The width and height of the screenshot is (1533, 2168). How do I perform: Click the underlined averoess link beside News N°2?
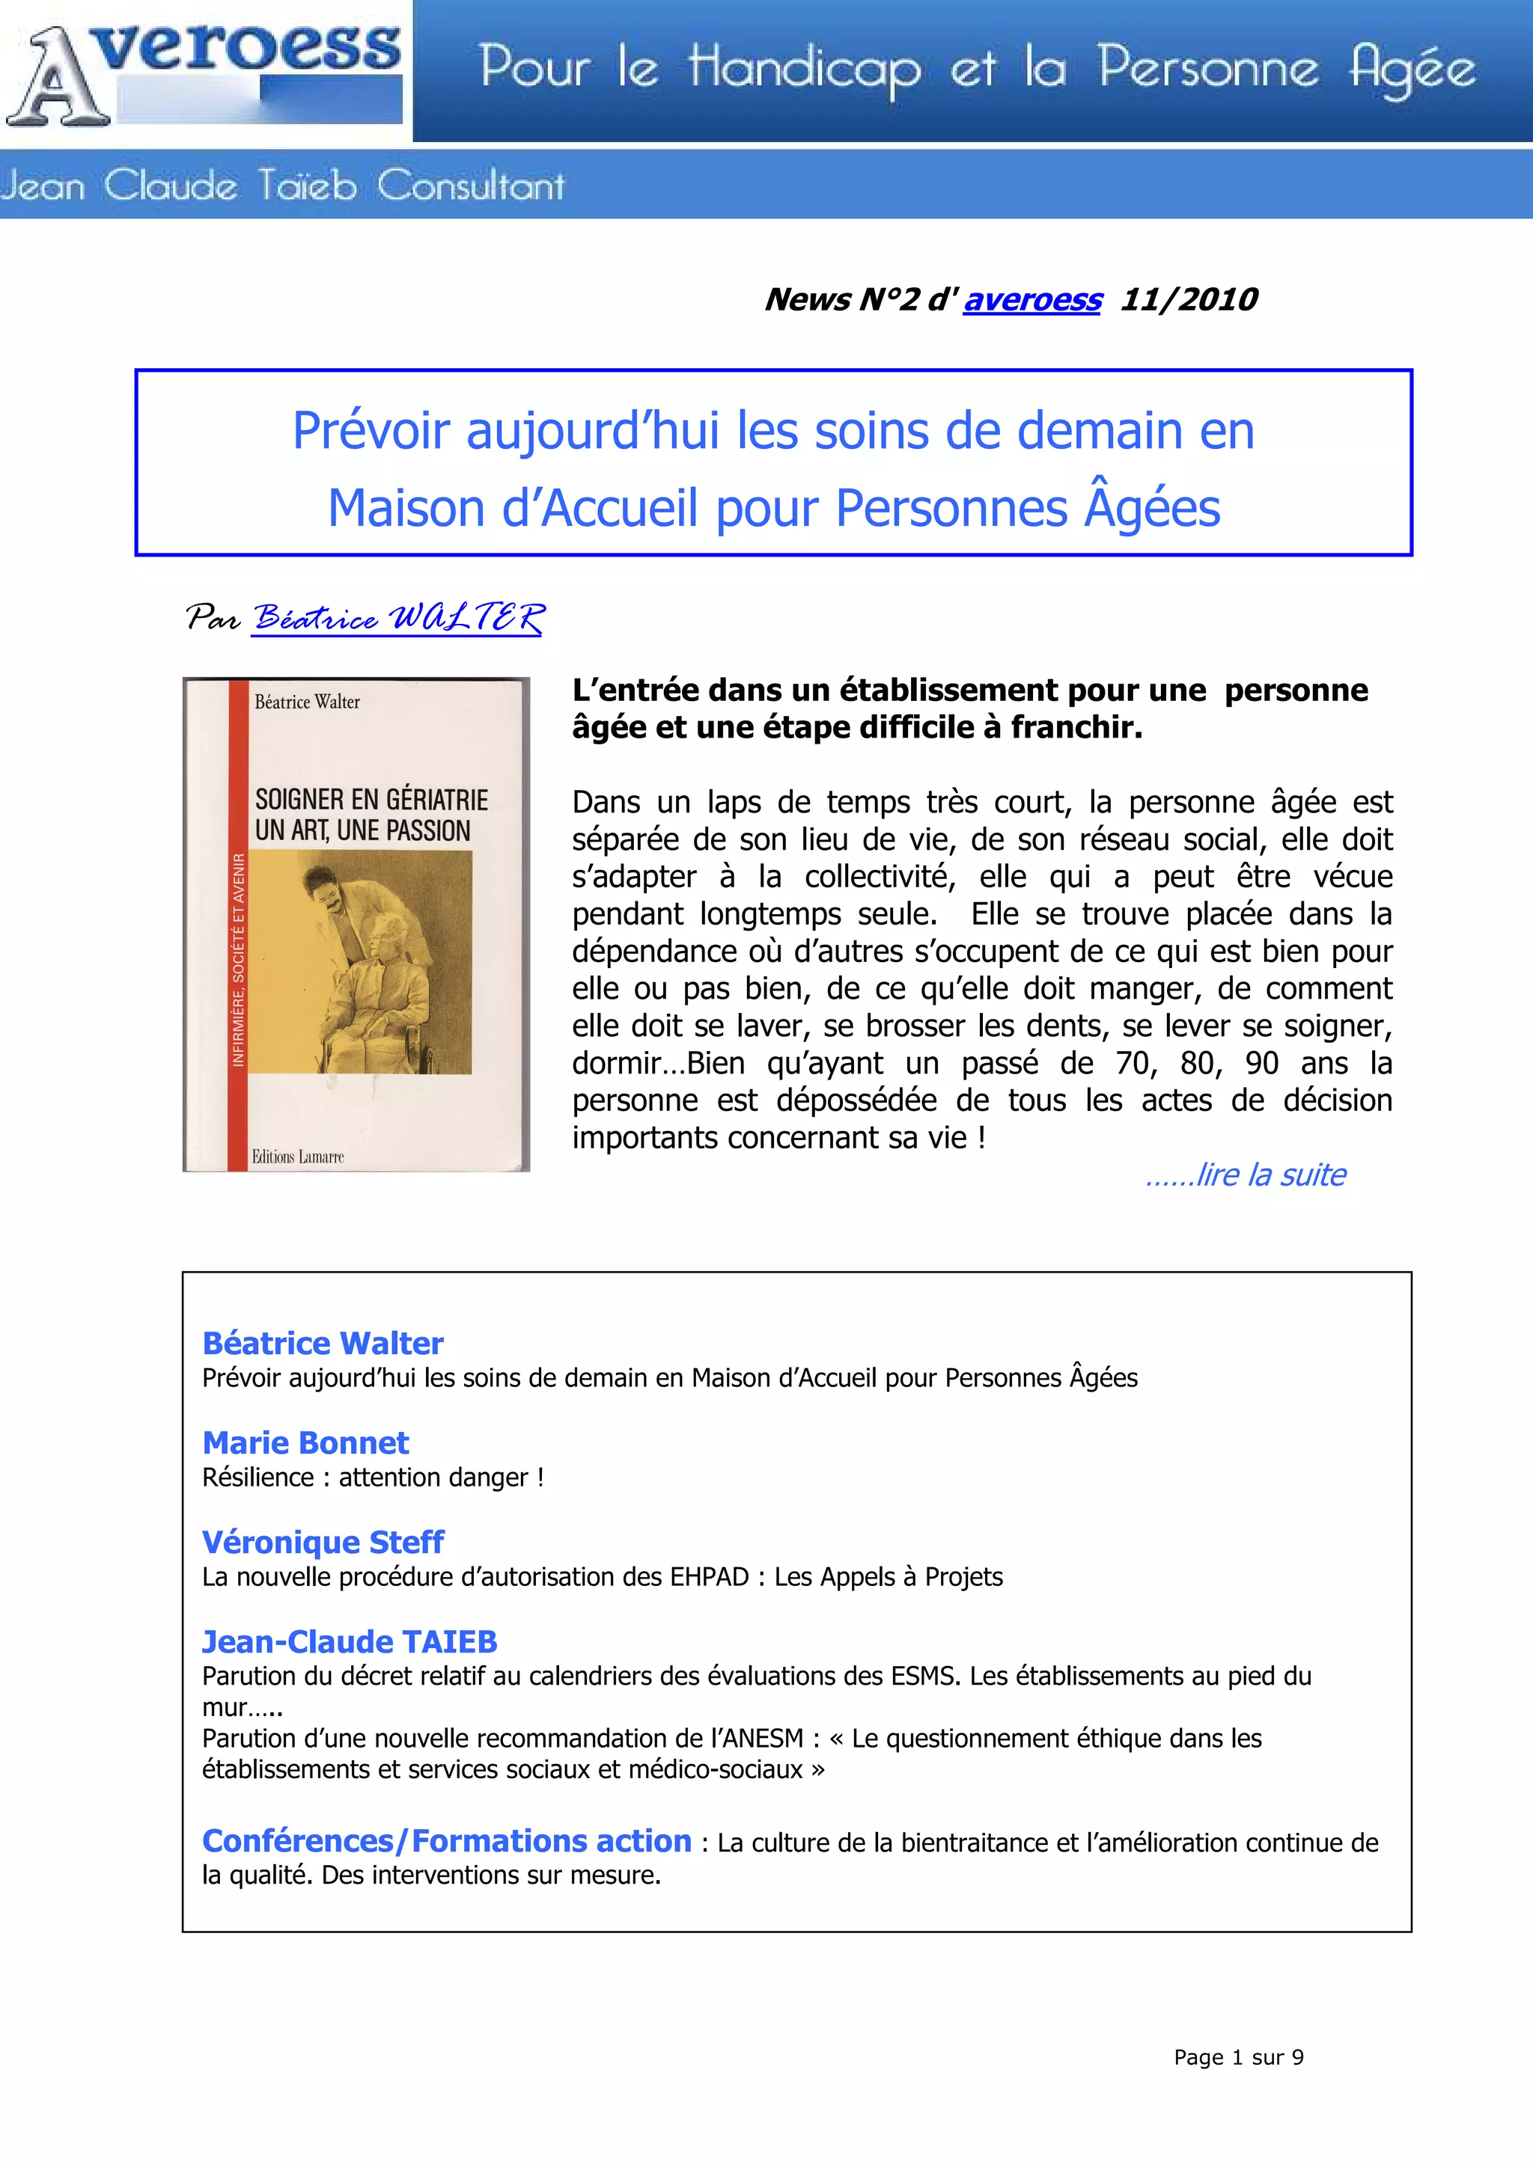point(1031,299)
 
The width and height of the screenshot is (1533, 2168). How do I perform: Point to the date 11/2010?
point(1188,299)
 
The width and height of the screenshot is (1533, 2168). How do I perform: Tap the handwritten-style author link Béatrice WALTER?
point(397,619)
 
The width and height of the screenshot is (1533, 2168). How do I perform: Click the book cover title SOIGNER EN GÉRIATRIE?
point(371,800)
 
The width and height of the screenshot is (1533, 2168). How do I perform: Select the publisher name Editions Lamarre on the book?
point(297,1157)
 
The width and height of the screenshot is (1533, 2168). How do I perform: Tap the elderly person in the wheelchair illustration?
point(383,982)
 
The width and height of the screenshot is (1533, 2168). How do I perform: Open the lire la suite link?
point(1247,1175)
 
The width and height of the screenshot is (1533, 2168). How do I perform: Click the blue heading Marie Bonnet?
point(305,1443)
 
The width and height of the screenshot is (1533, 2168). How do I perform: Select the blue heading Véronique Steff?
point(322,1542)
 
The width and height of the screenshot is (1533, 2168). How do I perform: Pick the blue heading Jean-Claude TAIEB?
point(349,1642)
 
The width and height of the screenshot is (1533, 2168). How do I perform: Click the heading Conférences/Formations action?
point(447,1840)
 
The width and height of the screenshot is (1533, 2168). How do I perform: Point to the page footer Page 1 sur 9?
point(1238,2057)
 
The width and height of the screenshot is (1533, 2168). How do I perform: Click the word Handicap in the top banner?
point(804,69)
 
